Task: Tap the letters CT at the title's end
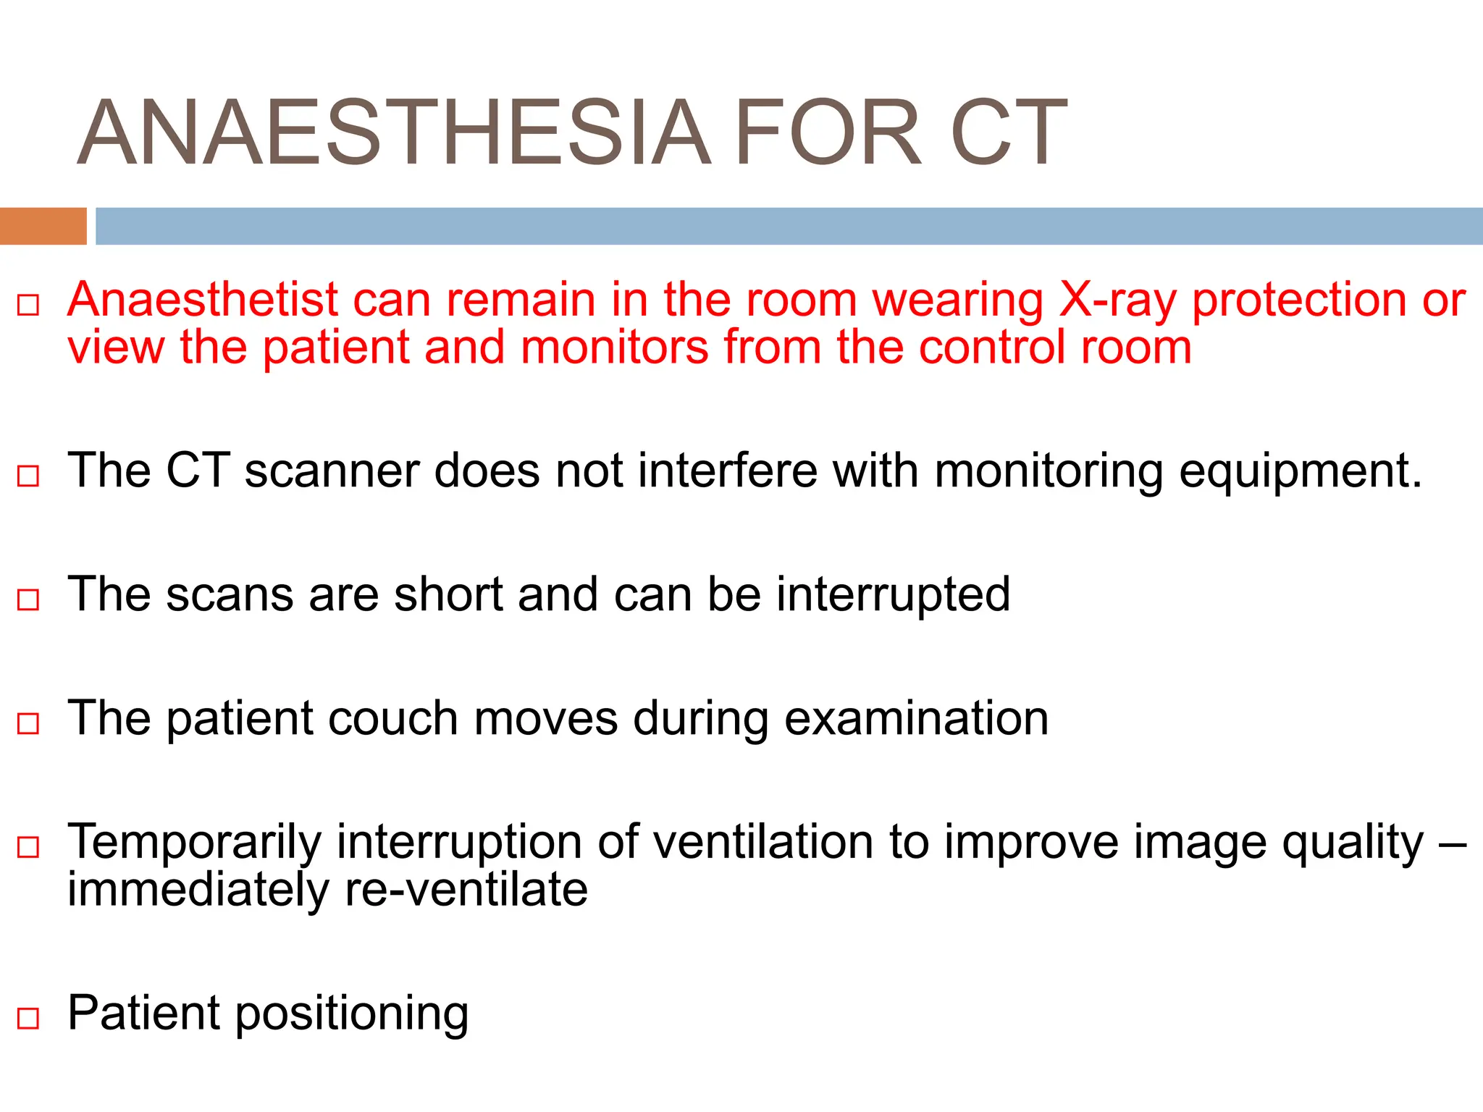point(1008,134)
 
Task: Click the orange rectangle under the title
point(43,226)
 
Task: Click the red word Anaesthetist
point(203,300)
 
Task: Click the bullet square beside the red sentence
point(28,305)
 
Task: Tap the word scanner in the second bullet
point(332,471)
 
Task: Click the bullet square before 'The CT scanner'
point(28,476)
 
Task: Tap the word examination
point(916,719)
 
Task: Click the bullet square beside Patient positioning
point(28,1019)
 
